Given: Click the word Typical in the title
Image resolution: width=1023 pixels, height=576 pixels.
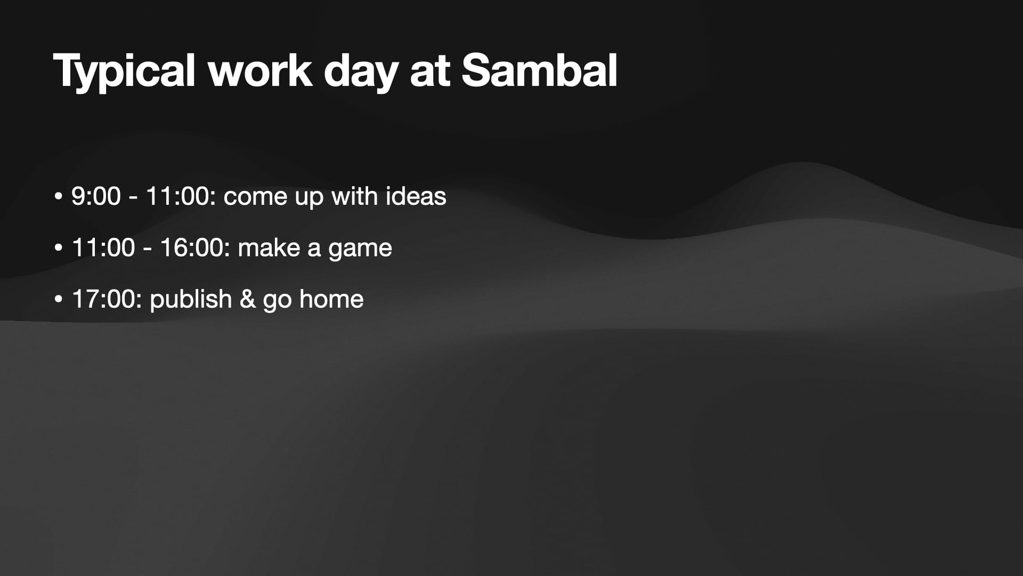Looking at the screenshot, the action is pyautogui.click(x=124, y=71).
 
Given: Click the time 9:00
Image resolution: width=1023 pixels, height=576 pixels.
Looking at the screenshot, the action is pyautogui.click(x=96, y=196).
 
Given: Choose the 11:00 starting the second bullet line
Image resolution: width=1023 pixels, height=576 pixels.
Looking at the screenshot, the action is pyautogui.click(x=103, y=247).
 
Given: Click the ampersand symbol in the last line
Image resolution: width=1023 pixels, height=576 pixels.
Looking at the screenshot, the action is pyautogui.click(x=248, y=299).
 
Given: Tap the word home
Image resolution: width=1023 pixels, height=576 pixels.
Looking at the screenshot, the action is pyautogui.click(x=331, y=299).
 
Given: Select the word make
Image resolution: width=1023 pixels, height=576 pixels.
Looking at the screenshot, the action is pyautogui.click(x=269, y=247).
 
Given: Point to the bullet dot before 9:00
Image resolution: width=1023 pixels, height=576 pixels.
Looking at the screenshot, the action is pyautogui.click(x=59, y=197).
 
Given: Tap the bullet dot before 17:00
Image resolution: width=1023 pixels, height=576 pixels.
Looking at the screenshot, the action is pyautogui.click(x=59, y=299).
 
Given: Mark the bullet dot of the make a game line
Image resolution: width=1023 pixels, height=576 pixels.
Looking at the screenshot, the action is pyautogui.click(x=59, y=248).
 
